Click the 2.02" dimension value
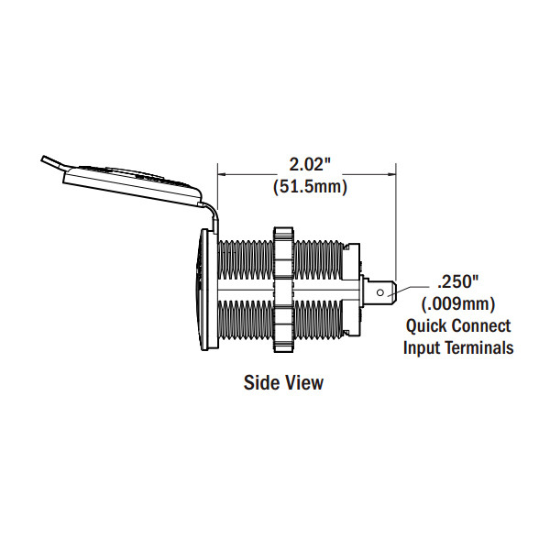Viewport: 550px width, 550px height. [x=310, y=164]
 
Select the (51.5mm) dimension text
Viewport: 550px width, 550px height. [x=310, y=186]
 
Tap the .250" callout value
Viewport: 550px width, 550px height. [x=458, y=281]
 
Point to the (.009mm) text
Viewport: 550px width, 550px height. [x=458, y=303]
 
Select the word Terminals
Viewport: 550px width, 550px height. [x=479, y=348]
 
